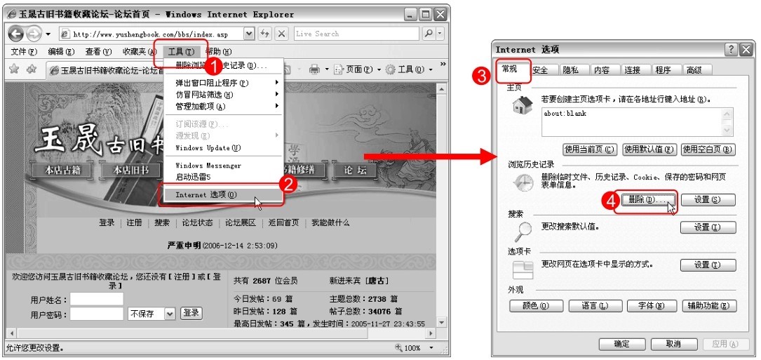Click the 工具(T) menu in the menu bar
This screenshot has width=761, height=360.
[181, 51]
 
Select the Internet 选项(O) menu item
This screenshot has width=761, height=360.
[206, 194]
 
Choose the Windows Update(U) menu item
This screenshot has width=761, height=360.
[208, 148]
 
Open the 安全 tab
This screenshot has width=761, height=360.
[540, 70]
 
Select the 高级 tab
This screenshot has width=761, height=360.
[694, 70]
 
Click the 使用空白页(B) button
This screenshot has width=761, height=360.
[708, 149]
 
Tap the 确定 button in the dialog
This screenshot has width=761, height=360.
[621, 344]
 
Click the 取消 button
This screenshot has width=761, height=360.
[673, 344]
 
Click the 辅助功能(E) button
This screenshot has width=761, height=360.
[709, 306]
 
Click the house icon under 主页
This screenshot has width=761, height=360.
[523, 106]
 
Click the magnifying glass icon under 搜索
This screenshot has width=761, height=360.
[523, 230]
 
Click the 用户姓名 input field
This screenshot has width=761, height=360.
[96, 299]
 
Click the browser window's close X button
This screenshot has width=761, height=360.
[440, 14]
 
